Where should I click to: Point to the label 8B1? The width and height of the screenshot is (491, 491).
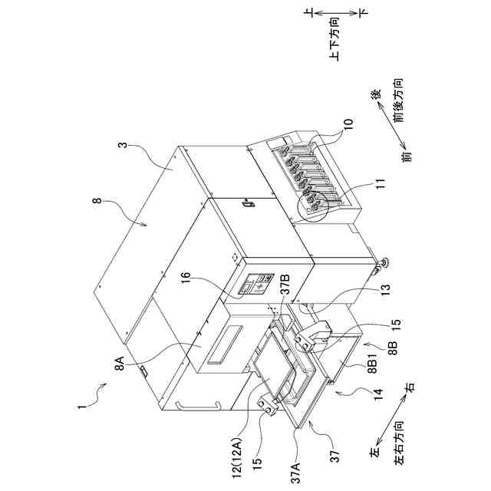[371, 364]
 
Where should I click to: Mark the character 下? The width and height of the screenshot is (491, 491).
[364, 13]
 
